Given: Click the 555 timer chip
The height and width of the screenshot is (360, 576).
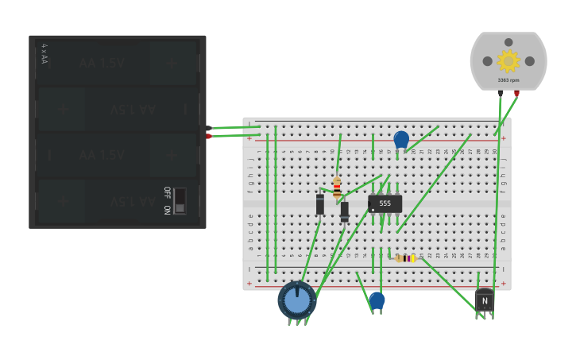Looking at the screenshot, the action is [385, 203].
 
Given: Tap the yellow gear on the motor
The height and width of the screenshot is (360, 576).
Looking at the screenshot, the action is [508, 60].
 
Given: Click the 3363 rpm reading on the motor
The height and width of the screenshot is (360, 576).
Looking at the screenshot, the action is [508, 80].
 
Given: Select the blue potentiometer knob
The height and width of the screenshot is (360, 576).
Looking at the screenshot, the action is [297, 300].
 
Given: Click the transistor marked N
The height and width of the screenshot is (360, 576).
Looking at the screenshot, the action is [484, 300].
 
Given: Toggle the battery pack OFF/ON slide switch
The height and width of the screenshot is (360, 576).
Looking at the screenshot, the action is [180, 201].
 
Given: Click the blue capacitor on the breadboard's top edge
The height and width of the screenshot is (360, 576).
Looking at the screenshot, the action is [401, 140].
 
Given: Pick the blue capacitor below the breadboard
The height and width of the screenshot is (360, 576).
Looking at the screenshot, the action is [377, 300].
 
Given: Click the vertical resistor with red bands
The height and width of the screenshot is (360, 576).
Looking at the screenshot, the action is [337, 188].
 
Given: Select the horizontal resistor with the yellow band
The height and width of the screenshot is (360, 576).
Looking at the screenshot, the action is [406, 258].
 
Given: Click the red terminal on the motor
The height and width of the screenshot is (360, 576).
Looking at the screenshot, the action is [516, 93].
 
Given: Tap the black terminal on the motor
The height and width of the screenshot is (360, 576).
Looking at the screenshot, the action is [501, 93].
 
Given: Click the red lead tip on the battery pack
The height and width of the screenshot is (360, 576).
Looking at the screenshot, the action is [209, 136].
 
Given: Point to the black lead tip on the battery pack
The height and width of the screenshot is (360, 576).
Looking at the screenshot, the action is [209, 128].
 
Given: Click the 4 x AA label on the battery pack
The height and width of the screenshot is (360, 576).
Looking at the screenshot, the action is [44, 54].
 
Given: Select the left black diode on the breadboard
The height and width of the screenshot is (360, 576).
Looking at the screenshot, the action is [319, 204].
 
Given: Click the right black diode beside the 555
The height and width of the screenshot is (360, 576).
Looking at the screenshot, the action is [344, 211].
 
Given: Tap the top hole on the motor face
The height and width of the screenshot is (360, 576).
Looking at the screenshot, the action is [508, 42].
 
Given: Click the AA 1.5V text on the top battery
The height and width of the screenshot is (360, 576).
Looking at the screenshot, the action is [102, 63].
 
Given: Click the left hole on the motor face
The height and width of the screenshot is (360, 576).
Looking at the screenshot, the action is [486, 61].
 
